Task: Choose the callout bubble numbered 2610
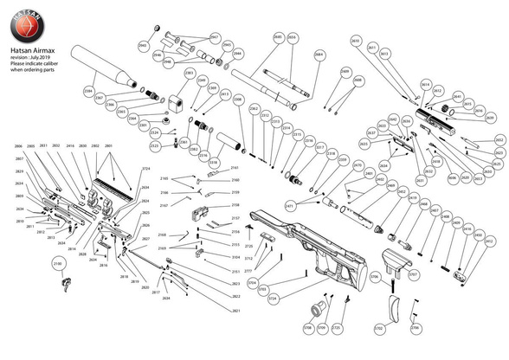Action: click(355, 41)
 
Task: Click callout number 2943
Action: click(228, 45)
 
